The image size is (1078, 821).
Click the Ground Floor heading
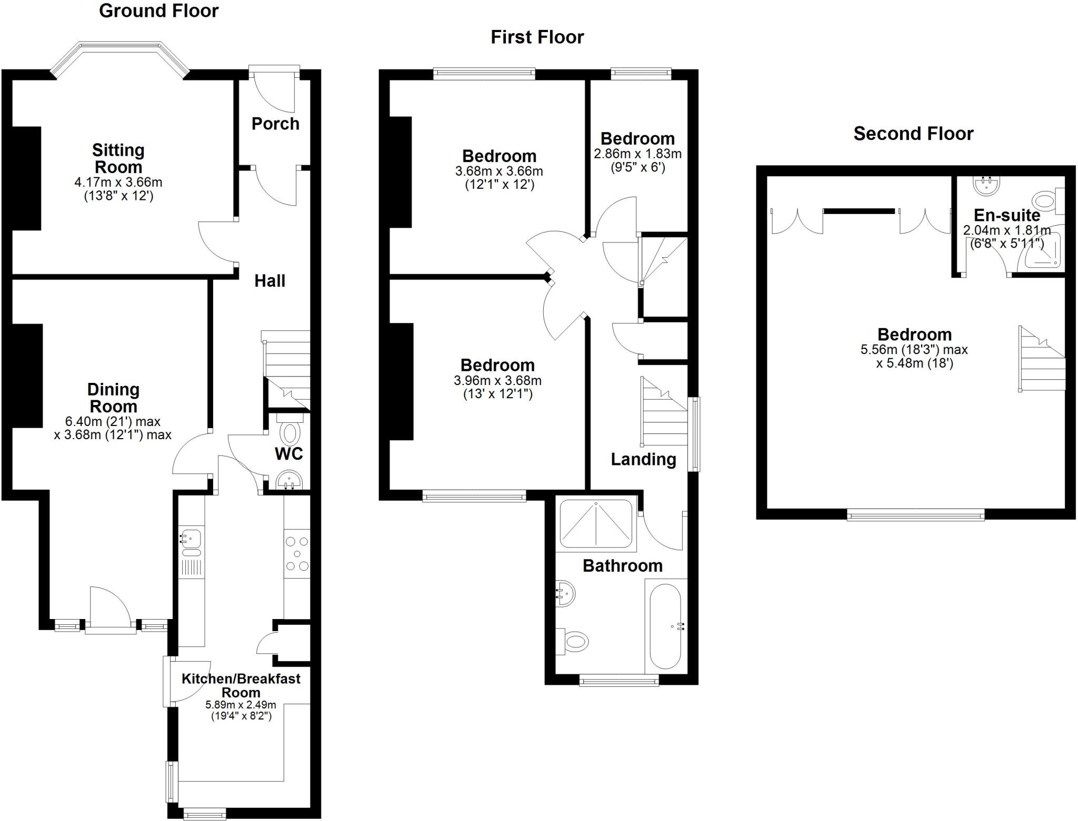pos(158,11)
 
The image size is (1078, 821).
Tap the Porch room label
pos(275,124)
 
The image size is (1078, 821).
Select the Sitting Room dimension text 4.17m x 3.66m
pos(118,183)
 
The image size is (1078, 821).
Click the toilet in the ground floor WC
pos(288,432)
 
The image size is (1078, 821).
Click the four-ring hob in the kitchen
pos(297,554)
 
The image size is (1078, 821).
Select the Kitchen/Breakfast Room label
pos(241,685)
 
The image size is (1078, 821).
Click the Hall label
pos(269,281)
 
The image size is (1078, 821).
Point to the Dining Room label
pos(113,398)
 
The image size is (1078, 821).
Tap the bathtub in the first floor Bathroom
pos(665,626)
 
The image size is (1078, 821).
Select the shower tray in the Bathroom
pos(595,524)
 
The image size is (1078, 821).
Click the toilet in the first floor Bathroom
pos(575,642)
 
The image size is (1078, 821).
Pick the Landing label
pos(643,459)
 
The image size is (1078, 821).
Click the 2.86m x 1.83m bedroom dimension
pos(637,154)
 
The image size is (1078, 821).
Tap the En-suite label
pos(1006,215)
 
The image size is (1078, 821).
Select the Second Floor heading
pos(913,134)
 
